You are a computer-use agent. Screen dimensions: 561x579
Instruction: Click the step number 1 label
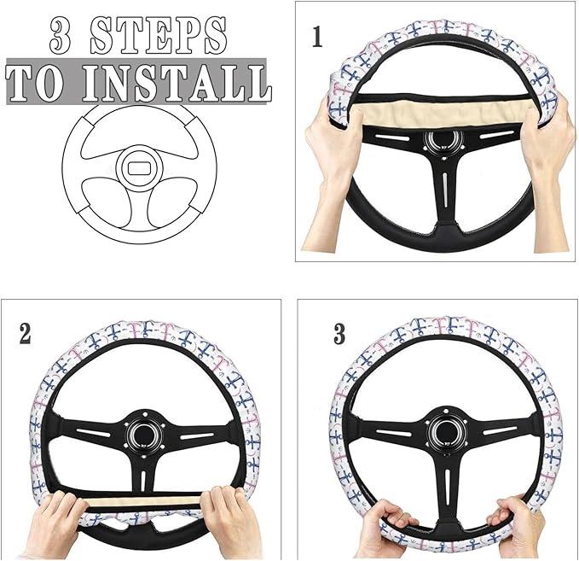coord(317,37)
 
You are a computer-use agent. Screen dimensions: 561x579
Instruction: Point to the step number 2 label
coord(25,334)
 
